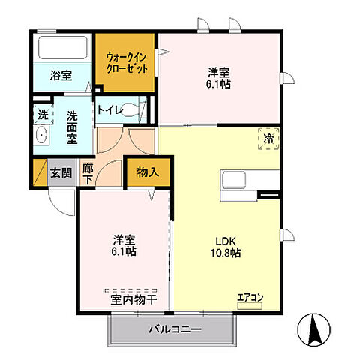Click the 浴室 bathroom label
60,76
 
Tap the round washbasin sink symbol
41,137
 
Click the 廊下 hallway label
87,174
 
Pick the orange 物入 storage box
148,172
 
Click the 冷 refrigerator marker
268,138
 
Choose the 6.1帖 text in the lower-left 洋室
124,250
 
